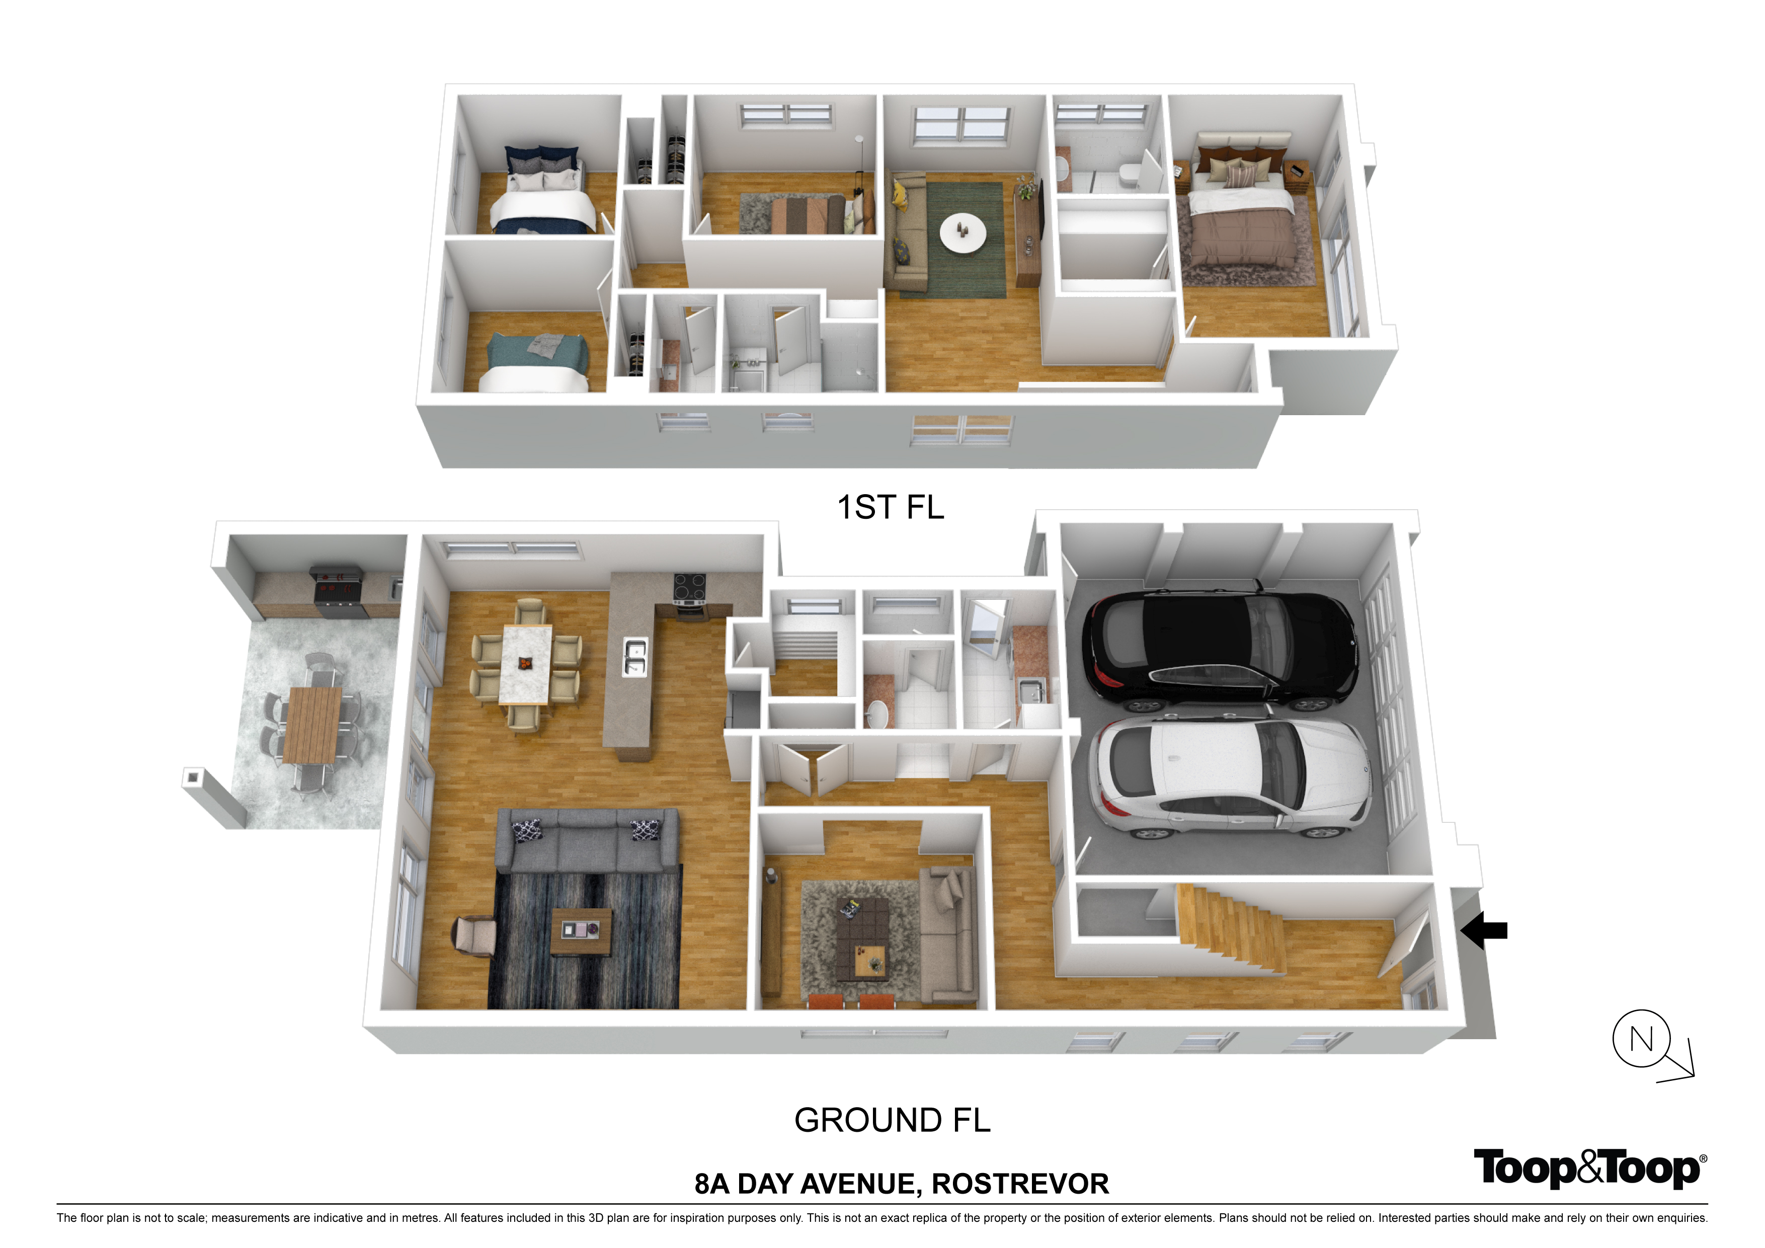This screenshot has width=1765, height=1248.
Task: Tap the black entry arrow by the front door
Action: click(x=1483, y=930)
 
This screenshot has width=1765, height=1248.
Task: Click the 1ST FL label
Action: click(x=890, y=507)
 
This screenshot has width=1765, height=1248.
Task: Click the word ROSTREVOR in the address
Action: click(x=1020, y=1184)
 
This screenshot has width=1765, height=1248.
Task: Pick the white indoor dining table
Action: click(x=525, y=664)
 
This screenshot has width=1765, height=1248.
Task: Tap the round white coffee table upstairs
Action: click(x=962, y=231)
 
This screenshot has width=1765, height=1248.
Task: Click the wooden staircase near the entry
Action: click(x=1230, y=926)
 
